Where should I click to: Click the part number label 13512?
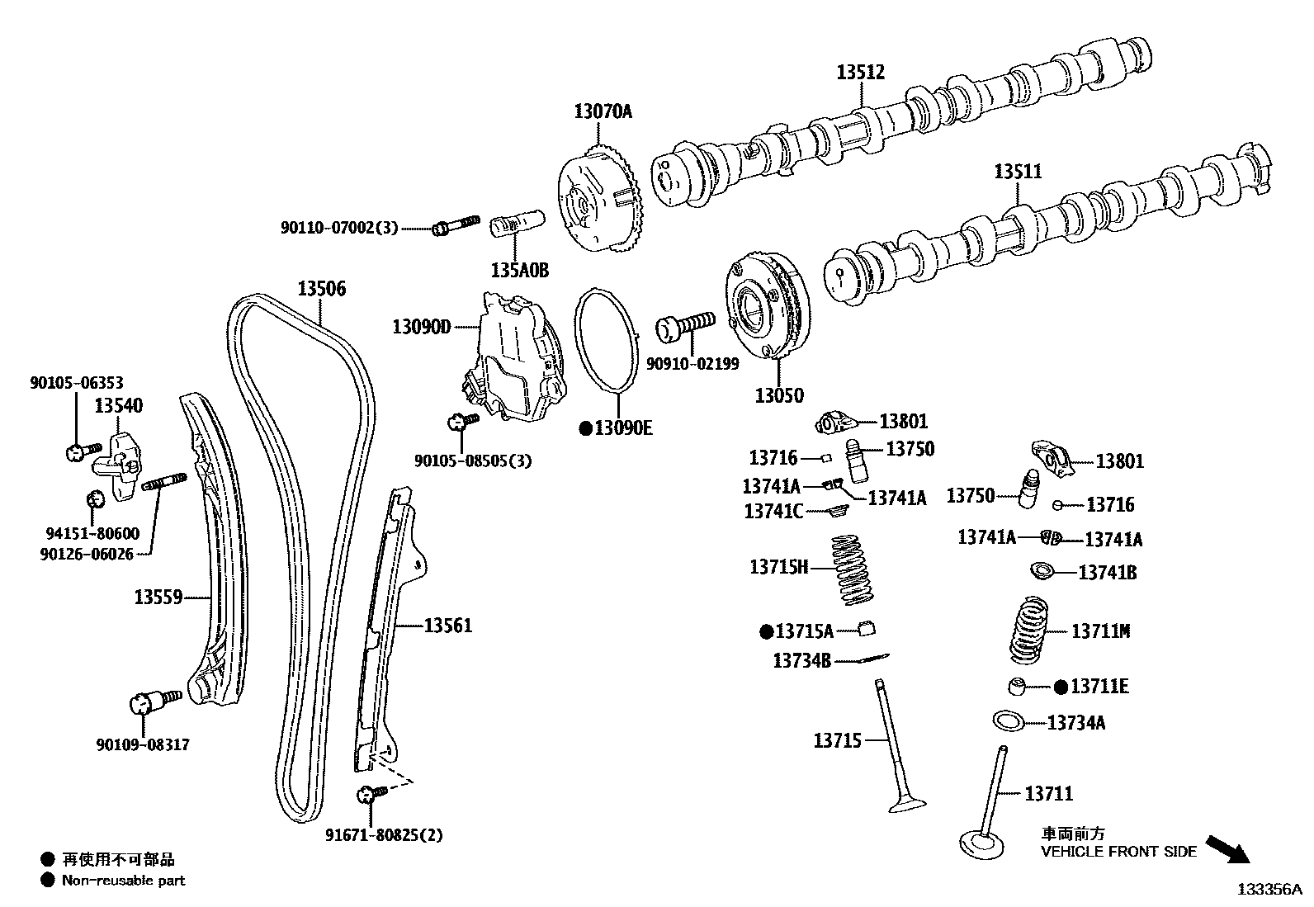point(860,73)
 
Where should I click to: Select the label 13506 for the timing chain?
point(321,289)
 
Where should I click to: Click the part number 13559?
point(158,596)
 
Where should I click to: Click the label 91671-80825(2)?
point(383,835)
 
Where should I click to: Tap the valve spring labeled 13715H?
point(853,569)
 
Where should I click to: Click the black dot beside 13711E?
point(1061,687)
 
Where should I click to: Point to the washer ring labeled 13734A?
point(1008,720)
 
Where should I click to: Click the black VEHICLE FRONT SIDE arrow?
point(1227,848)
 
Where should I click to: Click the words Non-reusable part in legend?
point(123,881)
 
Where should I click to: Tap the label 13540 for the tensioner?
point(118,405)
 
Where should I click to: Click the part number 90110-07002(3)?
point(338,227)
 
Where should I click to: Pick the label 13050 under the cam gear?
point(778,395)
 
